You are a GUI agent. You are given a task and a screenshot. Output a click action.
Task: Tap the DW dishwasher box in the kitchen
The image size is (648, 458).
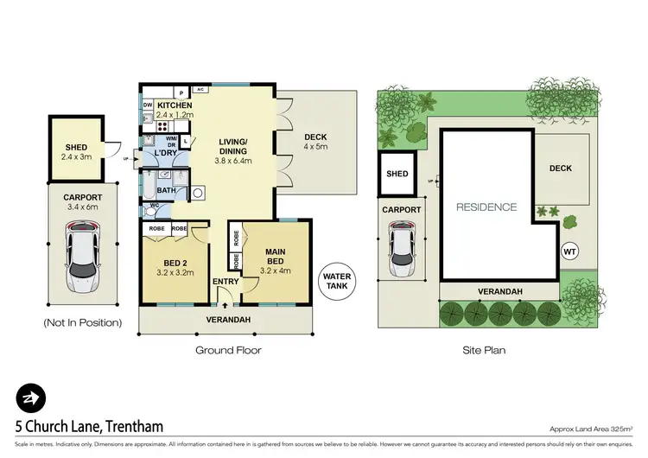click(x=148, y=106)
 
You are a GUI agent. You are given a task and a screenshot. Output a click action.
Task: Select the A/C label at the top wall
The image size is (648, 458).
click(x=200, y=89)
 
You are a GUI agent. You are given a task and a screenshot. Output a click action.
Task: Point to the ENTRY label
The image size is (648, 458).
click(x=226, y=281)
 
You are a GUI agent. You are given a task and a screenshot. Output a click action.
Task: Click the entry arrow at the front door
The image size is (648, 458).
click(x=226, y=303)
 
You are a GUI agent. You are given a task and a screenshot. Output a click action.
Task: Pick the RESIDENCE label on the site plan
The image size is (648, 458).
click(x=486, y=207)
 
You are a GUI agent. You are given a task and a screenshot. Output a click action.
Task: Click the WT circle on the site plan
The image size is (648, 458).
click(x=569, y=251)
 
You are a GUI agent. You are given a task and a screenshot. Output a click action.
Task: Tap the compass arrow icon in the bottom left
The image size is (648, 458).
click(x=30, y=398)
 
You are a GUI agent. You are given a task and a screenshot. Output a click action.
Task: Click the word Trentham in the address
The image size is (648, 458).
click(x=129, y=427)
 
